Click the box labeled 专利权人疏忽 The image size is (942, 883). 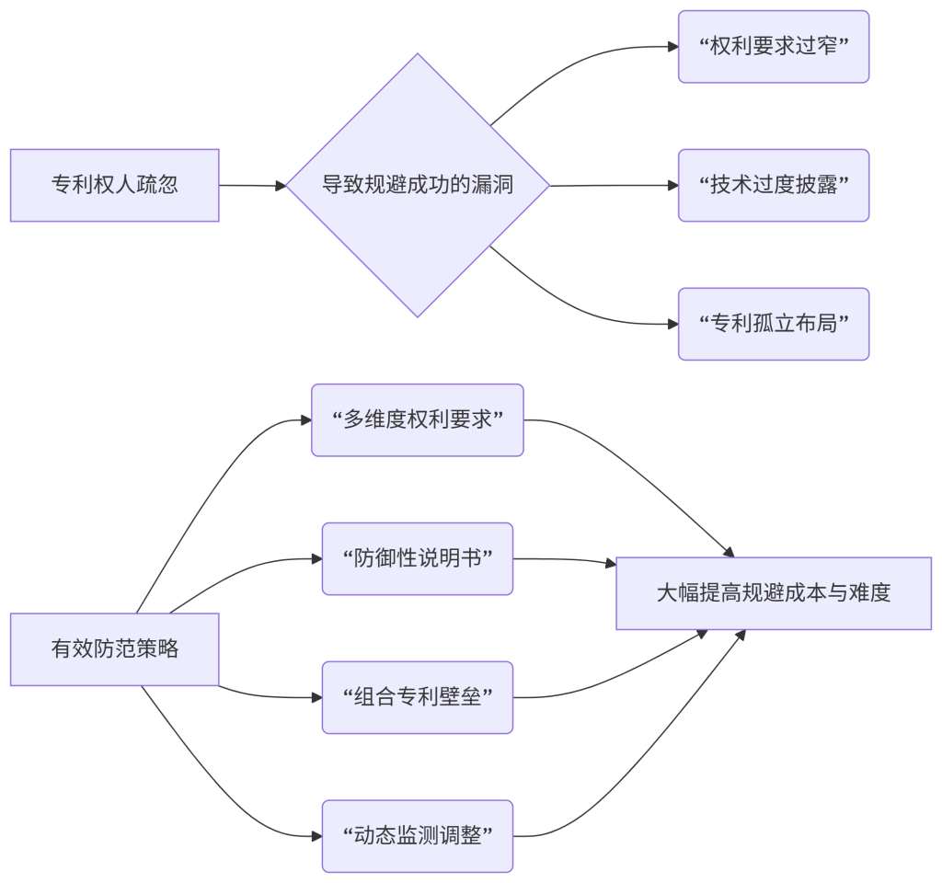tap(114, 185)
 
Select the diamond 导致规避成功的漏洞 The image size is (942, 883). tap(417, 185)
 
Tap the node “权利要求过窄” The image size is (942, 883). tap(773, 47)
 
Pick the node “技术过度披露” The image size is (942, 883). tap(773, 185)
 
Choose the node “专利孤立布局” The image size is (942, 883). tap(773, 324)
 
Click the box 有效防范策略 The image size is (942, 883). tap(114, 649)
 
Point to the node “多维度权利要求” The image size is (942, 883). tap(417, 420)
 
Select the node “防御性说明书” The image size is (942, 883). tap(417, 559)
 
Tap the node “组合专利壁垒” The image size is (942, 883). tap(417, 697)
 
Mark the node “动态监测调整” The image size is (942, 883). tap(417, 836)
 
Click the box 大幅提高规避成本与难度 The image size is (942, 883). tap(773, 593)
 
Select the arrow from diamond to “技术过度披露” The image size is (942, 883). tap(612, 185)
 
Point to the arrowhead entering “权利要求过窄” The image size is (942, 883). tap(672, 46)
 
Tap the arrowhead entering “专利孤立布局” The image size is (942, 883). tap(672, 324)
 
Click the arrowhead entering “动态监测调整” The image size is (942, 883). tap(316, 836)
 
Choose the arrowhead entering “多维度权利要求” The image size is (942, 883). tap(305, 420)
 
